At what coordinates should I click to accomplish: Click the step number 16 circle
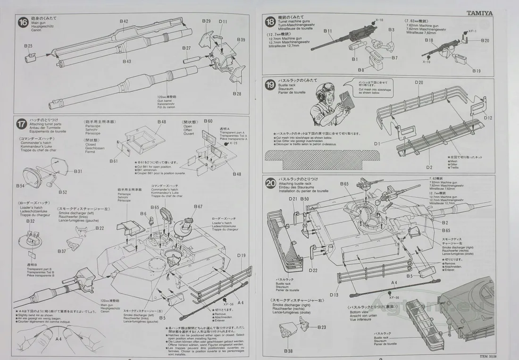click(23, 22)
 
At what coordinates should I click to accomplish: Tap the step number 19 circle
click(270, 85)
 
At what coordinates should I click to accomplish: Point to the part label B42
click(124, 21)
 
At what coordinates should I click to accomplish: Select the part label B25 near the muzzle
click(28, 46)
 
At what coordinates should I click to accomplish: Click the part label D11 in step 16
click(223, 22)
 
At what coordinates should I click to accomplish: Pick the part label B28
click(236, 94)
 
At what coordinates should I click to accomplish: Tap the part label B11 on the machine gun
click(328, 31)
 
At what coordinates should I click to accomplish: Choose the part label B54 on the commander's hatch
click(20, 186)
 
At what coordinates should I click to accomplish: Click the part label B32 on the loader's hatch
click(31, 221)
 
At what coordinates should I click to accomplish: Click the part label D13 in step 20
click(334, 295)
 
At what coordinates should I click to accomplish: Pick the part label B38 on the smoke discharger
click(288, 351)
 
